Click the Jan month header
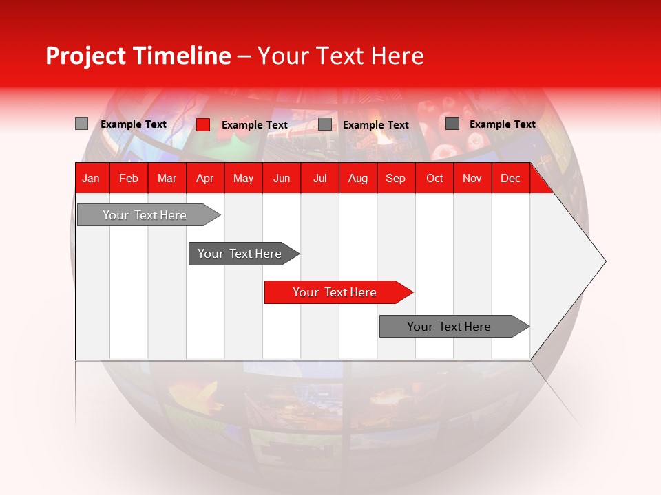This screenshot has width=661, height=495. coord(91,178)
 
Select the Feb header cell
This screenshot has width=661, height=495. coord(129,178)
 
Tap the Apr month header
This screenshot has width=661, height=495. coord(204,178)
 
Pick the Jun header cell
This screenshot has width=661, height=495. coord(282,178)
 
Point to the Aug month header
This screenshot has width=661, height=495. coord(358,178)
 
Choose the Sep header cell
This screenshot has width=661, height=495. coord(396,178)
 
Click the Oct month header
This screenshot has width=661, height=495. coord(434,178)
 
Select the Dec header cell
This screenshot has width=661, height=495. coord(511,178)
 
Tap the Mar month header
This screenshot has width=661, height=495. coord(167,178)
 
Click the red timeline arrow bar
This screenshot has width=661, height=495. coord(337,292)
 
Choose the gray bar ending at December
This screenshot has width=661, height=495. coord(451,327)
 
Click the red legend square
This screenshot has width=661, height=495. coord(203,124)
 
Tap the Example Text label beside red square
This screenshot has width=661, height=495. coord(255,125)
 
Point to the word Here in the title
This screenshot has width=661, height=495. coord(397,56)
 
